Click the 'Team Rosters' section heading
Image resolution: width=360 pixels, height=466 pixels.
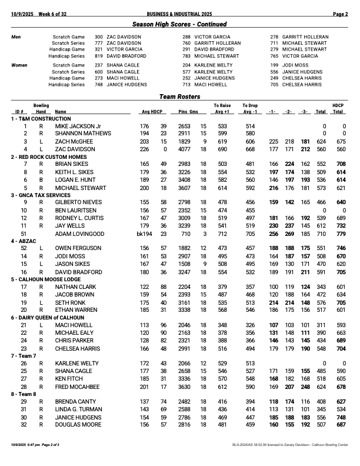click(179, 96)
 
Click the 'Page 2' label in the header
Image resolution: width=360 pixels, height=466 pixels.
click(341, 14)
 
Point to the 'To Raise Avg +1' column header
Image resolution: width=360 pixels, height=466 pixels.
click(222, 108)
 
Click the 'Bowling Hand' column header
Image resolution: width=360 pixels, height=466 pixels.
click(41, 108)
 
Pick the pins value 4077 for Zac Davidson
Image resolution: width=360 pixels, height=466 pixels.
click(185, 149)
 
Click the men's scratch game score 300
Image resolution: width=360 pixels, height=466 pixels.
click(99, 36)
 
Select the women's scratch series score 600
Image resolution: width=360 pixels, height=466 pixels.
click(99, 71)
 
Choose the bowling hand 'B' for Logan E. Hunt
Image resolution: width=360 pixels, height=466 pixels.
click(41, 180)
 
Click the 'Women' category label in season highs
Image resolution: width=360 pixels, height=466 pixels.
click(20, 65)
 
